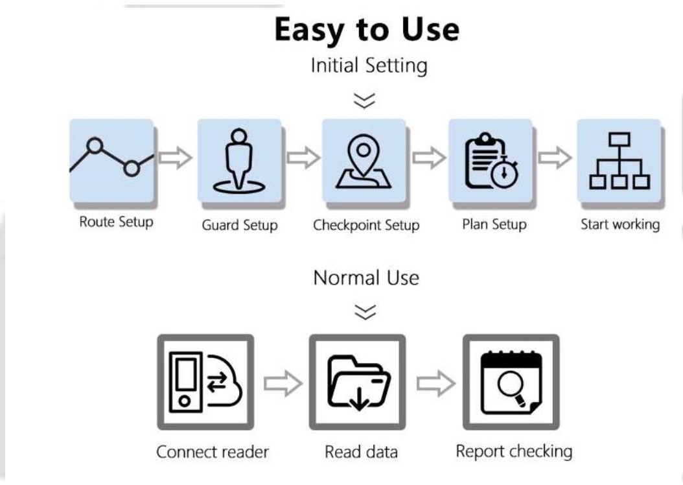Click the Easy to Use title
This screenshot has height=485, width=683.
366,30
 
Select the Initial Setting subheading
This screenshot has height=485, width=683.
369,65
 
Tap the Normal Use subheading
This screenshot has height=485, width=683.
366,278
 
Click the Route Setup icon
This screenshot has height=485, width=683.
111,160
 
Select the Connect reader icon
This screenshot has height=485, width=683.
205,381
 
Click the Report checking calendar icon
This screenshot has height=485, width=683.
511,381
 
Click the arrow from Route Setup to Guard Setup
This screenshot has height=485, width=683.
175,158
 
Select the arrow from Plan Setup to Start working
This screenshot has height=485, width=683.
555,158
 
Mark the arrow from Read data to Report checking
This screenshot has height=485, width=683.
435,384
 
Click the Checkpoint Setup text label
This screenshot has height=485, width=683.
366,226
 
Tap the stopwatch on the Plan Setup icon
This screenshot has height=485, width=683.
503,173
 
